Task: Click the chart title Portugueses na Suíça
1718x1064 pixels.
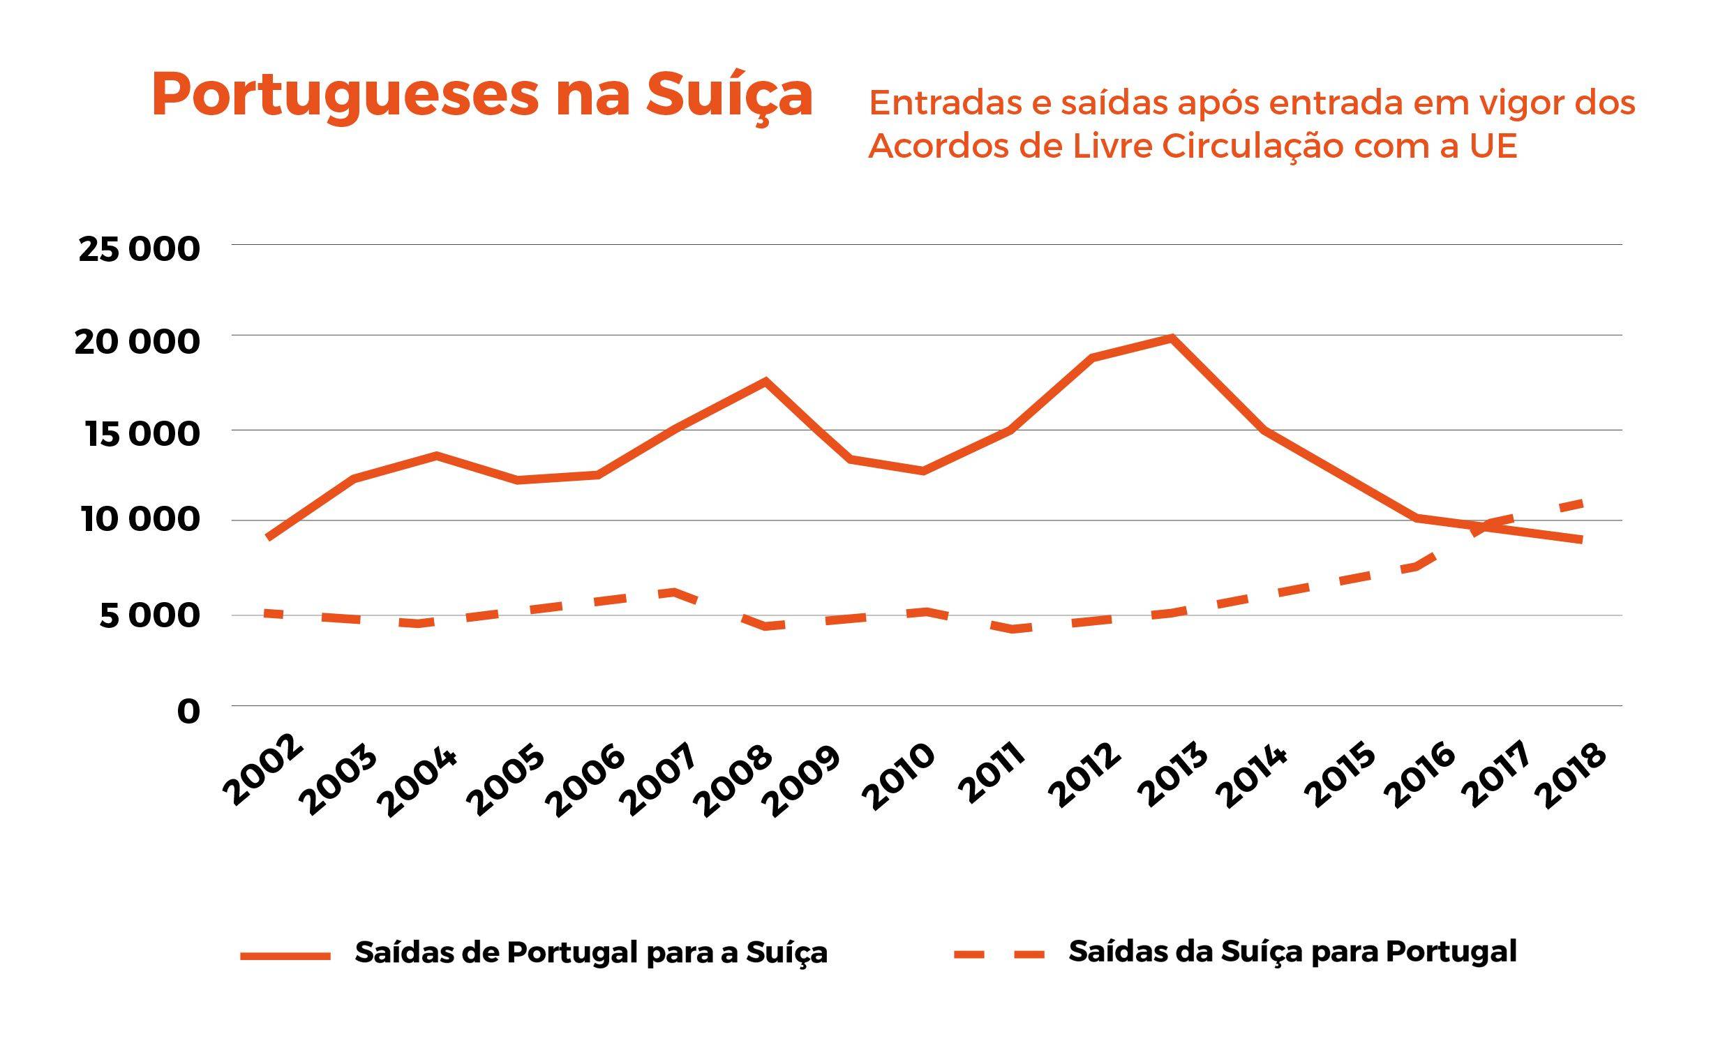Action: (x=482, y=95)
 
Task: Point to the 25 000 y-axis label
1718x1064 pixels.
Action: (x=140, y=249)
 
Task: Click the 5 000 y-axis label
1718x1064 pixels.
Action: (x=149, y=616)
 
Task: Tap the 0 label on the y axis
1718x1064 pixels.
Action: (x=188, y=712)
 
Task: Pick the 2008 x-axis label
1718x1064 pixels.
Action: (x=733, y=781)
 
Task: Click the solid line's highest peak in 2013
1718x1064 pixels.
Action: (x=1171, y=338)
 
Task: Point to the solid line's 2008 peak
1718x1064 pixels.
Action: (x=765, y=382)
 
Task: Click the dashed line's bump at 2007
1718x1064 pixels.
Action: (x=674, y=592)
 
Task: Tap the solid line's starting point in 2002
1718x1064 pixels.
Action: (x=269, y=538)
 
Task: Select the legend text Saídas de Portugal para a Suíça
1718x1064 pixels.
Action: (x=591, y=953)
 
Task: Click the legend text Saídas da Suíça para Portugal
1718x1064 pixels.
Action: (x=1292, y=952)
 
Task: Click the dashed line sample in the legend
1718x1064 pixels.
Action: (x=999, y=954)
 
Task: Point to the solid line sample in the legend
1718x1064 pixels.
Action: (x=285, y=956)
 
